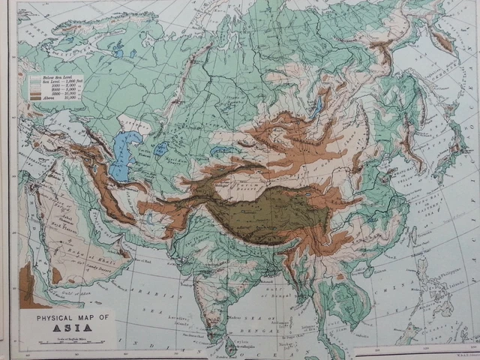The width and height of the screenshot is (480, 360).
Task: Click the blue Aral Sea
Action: pyautogui.click(x=161, y=149)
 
